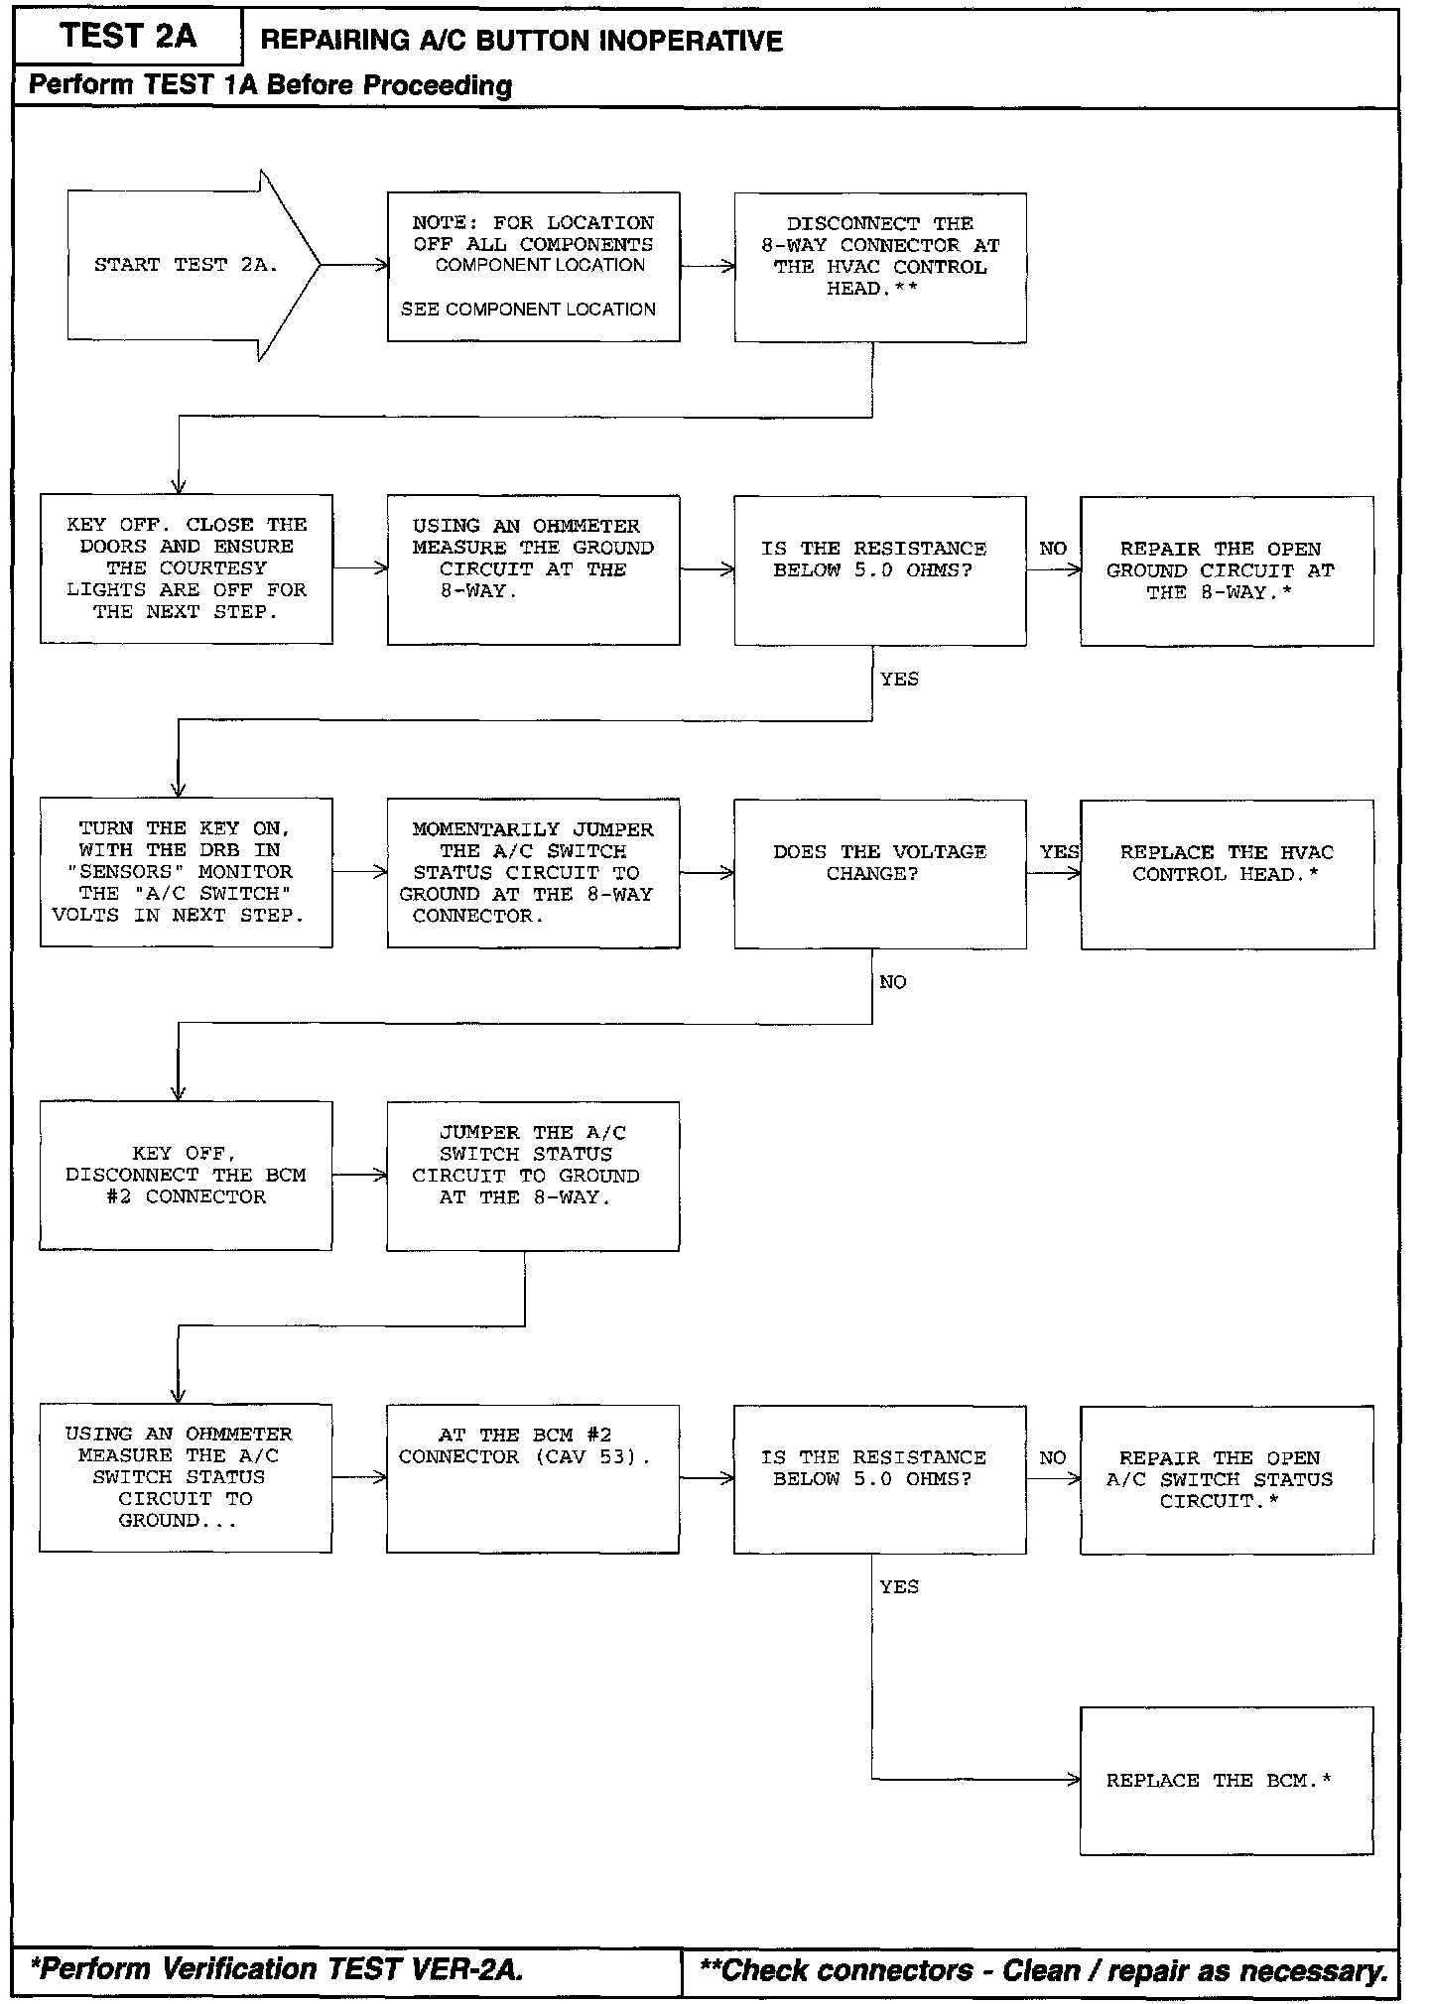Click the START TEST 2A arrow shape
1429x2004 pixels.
point(189,266)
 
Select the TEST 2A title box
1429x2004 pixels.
point(128,37)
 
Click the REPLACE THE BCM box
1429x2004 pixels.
point(1227,1781)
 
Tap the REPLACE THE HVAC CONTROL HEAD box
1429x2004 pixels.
point(1227,874)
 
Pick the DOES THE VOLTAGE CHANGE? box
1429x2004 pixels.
point(880,874)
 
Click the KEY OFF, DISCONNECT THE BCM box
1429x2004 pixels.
point(186,1176)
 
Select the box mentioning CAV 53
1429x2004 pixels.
point(533,1478)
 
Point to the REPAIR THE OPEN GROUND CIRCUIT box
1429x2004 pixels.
point(1227,571)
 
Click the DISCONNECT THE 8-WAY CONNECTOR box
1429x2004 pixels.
point(880,268)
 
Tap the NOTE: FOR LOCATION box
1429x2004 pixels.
point(533,267)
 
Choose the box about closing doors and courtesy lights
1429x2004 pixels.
point(186,569)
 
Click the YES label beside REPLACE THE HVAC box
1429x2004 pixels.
point(1059,852)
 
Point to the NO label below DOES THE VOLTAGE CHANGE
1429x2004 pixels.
point(892,982)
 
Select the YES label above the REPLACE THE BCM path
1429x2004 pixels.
point(898,1587)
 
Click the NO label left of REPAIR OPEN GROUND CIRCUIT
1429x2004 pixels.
point(1053,549)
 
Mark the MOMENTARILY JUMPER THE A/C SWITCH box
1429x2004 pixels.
point(533,873)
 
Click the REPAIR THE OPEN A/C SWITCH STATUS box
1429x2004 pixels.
point(1227,1479)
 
